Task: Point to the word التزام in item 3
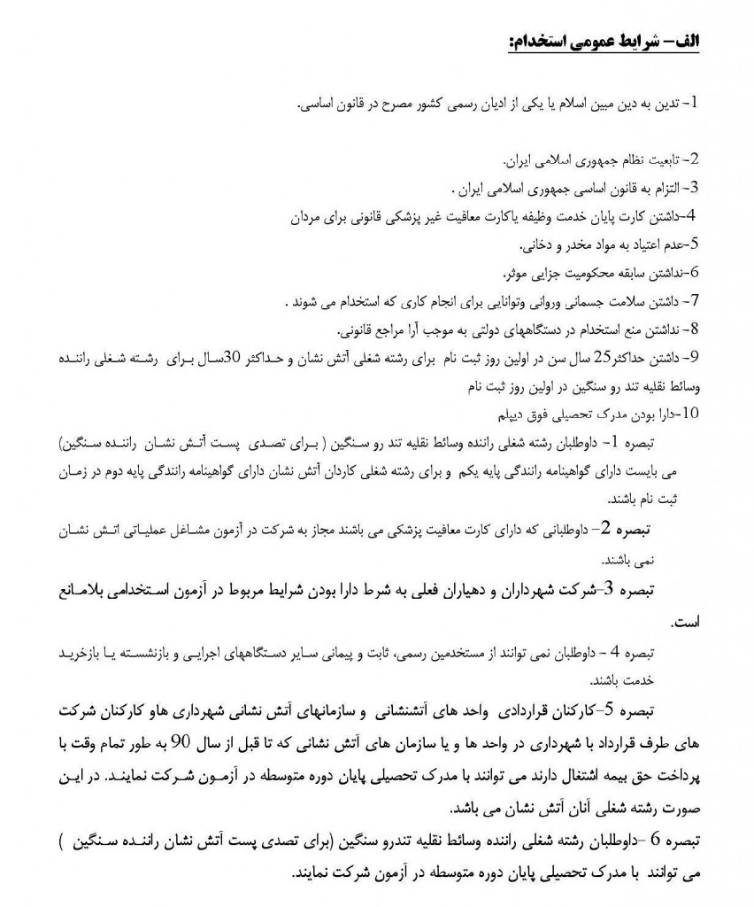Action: (666, 188)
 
